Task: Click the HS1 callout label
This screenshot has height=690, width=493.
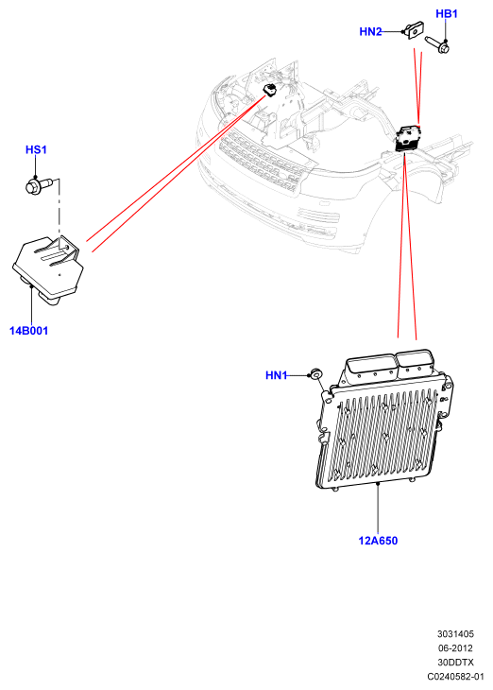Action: [x=36, y=149]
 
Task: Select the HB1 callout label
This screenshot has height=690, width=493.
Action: [x=447, y=13]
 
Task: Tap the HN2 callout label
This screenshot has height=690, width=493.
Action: [x=370, y=32]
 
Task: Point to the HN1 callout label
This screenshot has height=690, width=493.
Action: [x=276, y=375]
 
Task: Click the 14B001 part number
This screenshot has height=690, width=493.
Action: [x=28, y=331]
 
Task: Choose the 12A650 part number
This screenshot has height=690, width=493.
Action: [x=378, y=541]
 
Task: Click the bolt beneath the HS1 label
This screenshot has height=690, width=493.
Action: [x=39, y=185]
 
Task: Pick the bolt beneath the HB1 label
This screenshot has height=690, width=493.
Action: [x=437, y=44]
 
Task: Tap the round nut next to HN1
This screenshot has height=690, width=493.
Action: [x=315, y=374]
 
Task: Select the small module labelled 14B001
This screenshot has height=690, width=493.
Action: [x=48, y=269]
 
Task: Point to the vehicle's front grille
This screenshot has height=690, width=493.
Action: [x=261, y=162]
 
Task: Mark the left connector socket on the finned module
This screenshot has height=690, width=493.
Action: [x=370, y=366]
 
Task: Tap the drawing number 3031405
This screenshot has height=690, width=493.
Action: [x=455, y=634]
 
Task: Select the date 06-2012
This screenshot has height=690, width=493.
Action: [x=455, y=648]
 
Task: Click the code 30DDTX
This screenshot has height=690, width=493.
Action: [x=455, y=663]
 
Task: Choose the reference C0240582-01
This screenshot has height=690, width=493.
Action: [x=455, y=677]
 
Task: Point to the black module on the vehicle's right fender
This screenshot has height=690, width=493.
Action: [x=408, y=139]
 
